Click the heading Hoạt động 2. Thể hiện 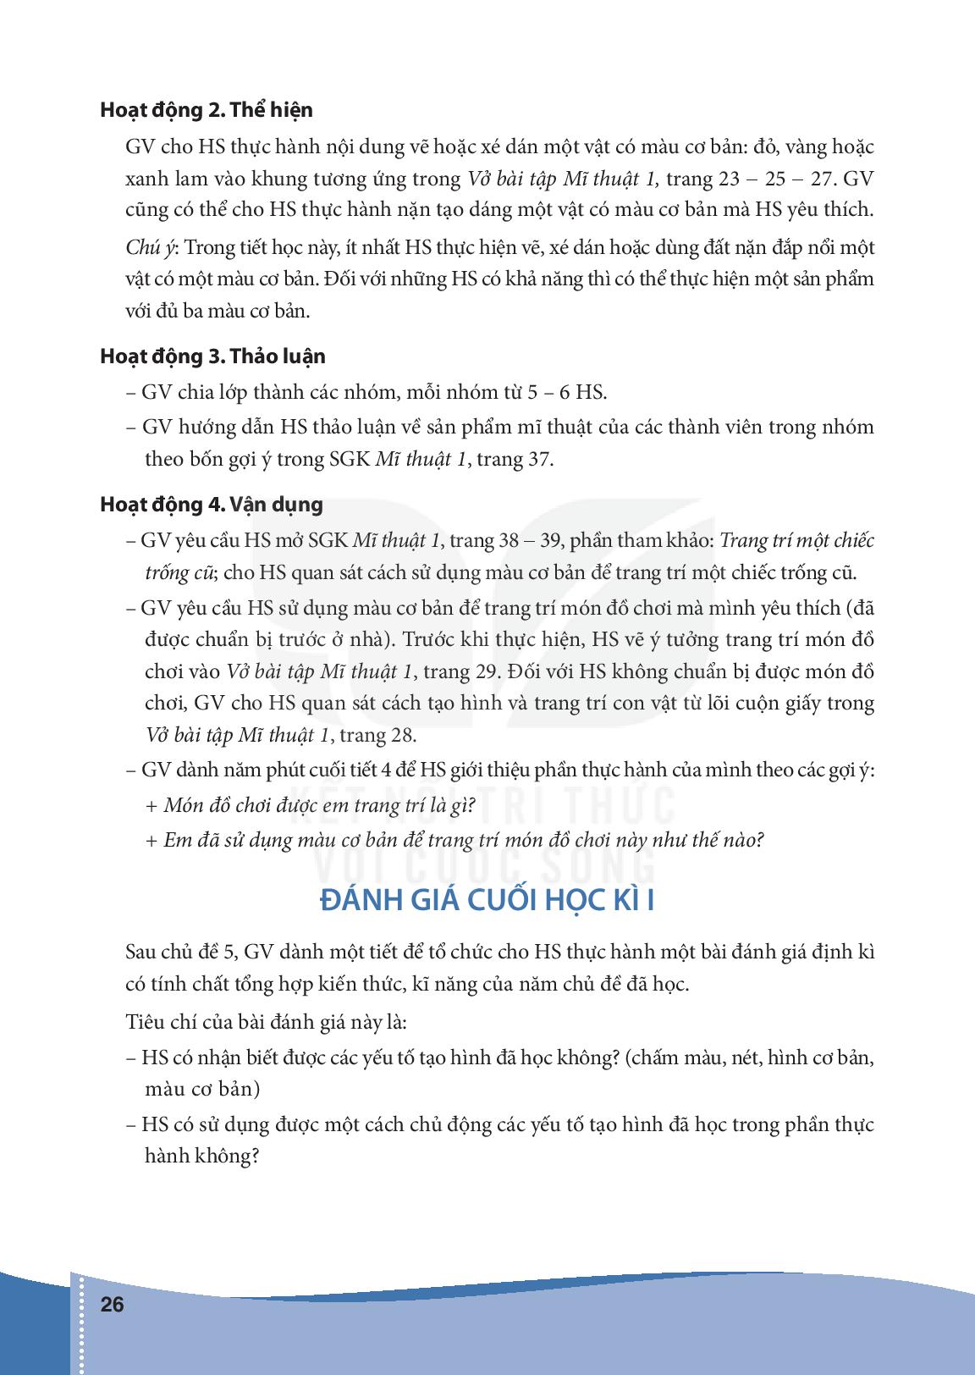(206, 110)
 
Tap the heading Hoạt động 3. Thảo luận (212, 356)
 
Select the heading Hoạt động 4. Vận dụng (212, 505)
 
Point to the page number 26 (112, 1305)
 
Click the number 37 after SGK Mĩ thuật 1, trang (541, 460)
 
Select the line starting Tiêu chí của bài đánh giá (266, 1022)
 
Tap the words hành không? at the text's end (201, 1157)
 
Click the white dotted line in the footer (81, 1325)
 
